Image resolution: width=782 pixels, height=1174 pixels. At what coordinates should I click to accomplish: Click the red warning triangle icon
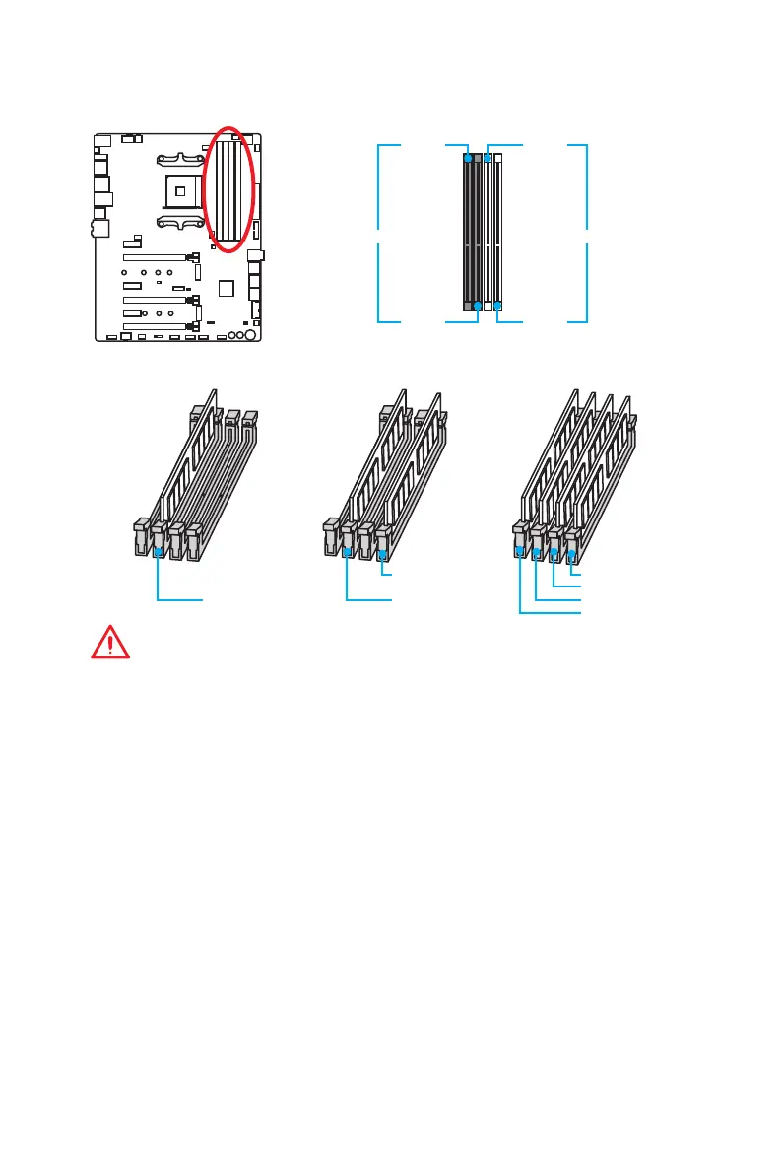tap(111, 642)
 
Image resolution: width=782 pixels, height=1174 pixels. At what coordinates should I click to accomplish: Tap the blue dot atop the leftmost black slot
tap(468, 156)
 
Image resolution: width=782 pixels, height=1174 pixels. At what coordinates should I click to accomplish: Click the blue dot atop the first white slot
tap(488, 156)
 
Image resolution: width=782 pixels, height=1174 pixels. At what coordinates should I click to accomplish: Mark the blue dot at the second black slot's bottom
tap(478, 306)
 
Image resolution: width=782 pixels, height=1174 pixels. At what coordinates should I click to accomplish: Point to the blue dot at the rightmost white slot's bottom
tap(497, 306)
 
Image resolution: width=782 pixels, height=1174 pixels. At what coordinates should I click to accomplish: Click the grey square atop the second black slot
tap(478, 156)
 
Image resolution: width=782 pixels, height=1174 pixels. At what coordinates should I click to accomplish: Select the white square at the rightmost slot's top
tap(497, 156)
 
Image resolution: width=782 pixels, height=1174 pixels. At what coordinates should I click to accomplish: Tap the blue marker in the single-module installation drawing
tap(159, 553)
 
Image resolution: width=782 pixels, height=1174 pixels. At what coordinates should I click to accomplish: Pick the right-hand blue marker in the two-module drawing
tap(382, 555)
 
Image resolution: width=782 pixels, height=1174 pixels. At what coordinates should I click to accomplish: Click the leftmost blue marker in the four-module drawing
tap(520, 553)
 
